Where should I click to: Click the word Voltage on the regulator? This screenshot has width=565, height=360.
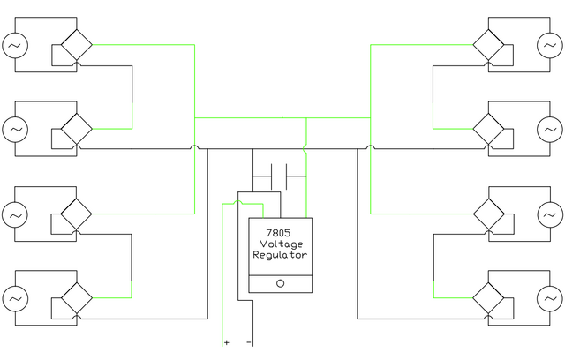281,244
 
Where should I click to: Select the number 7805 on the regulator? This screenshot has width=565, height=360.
278,233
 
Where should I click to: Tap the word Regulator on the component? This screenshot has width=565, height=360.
280,255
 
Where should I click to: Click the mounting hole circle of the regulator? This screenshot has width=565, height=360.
281,284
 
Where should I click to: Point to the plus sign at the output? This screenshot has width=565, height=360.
226,342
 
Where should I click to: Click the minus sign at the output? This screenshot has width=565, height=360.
249,342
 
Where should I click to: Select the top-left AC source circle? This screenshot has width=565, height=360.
15,45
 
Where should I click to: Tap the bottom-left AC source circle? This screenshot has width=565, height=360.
15,299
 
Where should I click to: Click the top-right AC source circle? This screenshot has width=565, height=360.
550,45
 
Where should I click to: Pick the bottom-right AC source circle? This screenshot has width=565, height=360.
550,299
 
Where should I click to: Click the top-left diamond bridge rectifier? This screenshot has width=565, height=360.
77,45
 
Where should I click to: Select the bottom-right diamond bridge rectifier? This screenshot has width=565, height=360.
488,298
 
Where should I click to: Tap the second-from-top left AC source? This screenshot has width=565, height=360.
15,130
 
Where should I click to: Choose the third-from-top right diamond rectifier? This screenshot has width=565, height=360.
488,214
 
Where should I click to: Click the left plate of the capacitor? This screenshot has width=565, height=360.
271,176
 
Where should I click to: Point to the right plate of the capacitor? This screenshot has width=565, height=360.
286,176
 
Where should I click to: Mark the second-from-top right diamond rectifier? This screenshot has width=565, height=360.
488,129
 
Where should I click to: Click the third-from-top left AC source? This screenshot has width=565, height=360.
15,215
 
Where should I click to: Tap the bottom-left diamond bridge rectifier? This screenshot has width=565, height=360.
77,298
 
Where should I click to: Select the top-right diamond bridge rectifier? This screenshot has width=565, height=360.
488,45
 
